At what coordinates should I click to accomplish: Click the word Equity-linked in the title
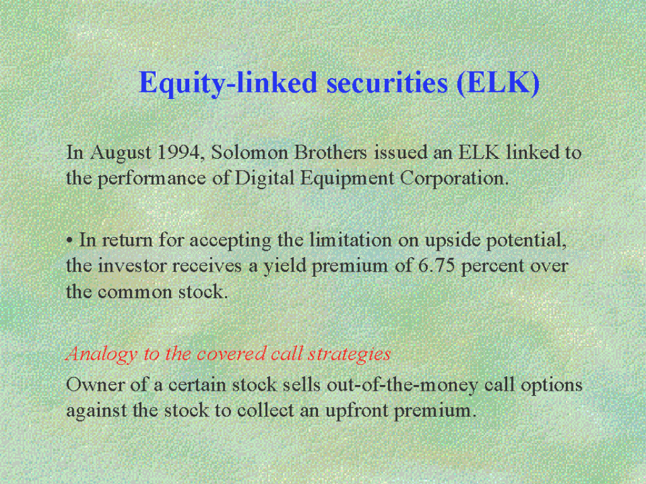coord(228,84)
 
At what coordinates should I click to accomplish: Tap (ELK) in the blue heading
coord(498,83)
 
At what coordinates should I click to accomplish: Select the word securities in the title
coord(387,83)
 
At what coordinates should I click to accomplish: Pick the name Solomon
coord(249,153)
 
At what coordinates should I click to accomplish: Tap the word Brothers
coord(331,153)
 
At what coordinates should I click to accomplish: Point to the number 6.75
coord(437,266)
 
